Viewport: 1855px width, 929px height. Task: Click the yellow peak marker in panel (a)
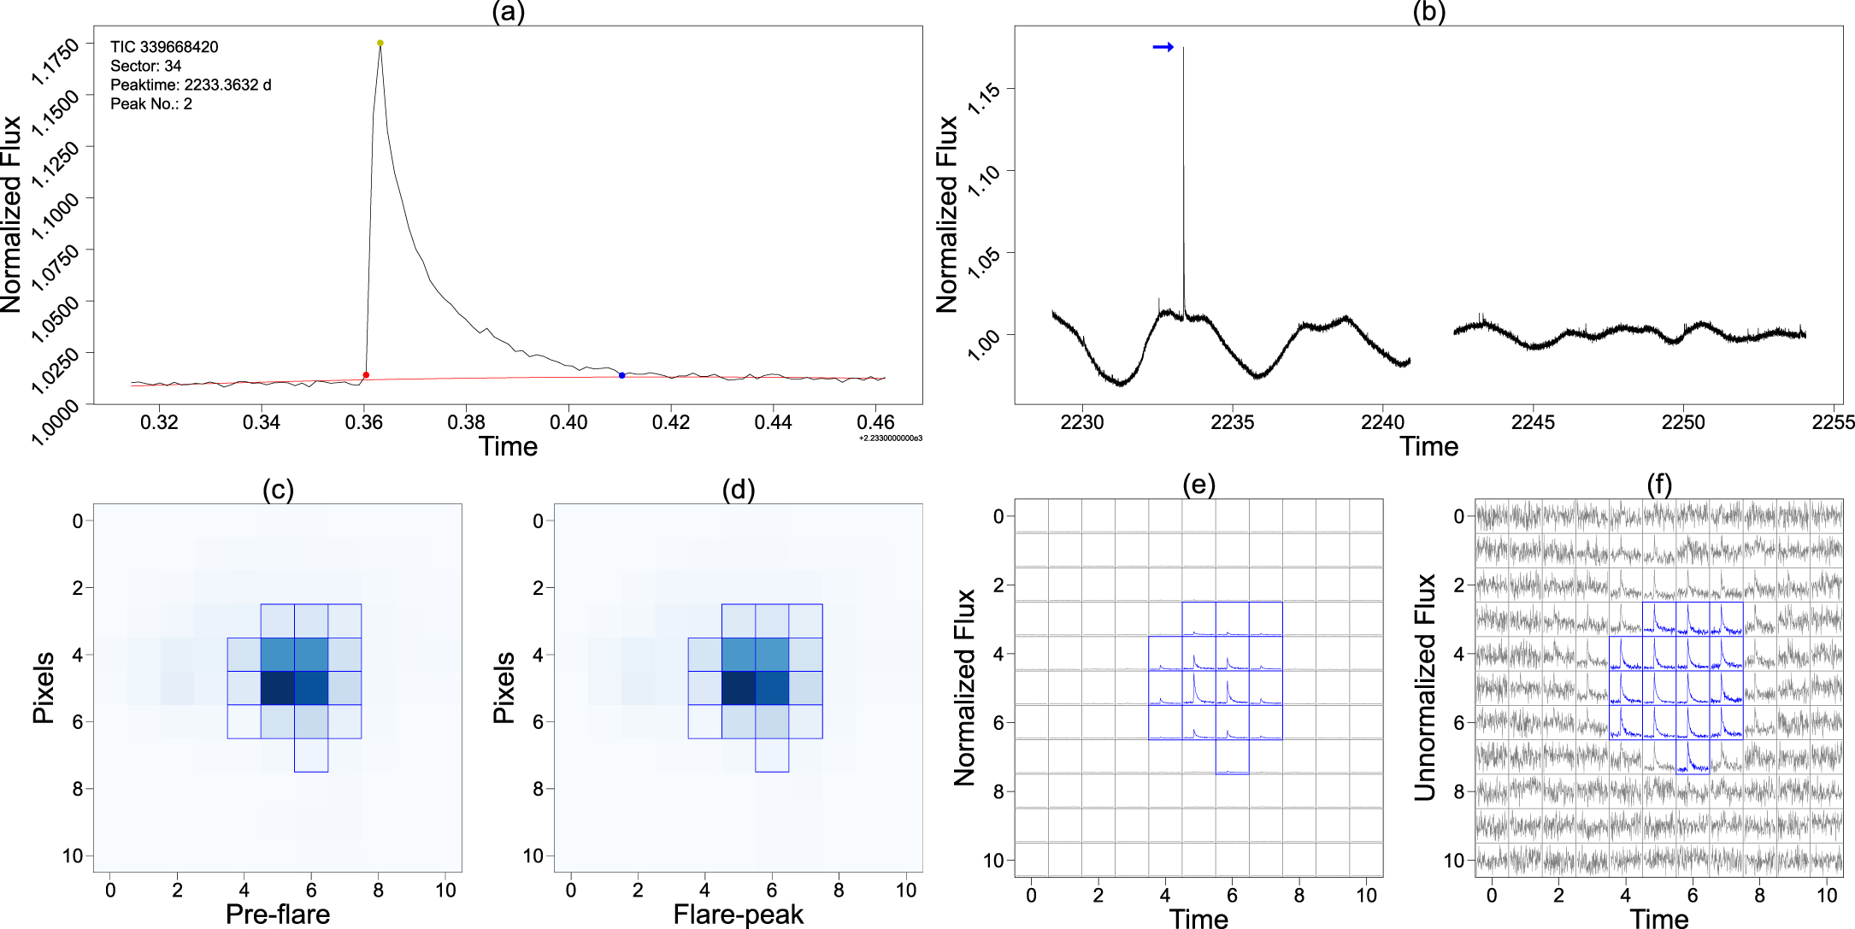380,43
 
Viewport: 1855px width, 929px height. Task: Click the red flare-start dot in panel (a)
366,375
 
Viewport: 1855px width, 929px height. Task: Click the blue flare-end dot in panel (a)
621,375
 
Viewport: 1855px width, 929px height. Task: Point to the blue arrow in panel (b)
1163,47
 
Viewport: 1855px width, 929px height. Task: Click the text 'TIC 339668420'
164,47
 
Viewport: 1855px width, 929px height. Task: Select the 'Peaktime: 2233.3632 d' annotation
191,85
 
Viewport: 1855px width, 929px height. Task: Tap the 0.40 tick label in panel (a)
568,422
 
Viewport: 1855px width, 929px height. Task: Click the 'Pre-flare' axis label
278,914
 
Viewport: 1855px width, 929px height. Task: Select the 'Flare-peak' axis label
739,914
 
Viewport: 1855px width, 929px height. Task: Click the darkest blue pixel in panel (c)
278,688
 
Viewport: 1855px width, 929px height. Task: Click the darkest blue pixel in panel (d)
739,688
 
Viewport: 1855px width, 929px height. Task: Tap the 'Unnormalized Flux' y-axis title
1424,687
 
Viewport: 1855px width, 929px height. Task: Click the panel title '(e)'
1198,485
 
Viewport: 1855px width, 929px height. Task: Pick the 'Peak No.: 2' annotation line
151,103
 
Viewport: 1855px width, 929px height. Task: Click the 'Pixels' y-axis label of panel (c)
43,687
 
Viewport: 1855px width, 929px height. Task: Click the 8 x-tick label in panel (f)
1759,895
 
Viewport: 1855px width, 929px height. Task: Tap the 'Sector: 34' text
145,66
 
